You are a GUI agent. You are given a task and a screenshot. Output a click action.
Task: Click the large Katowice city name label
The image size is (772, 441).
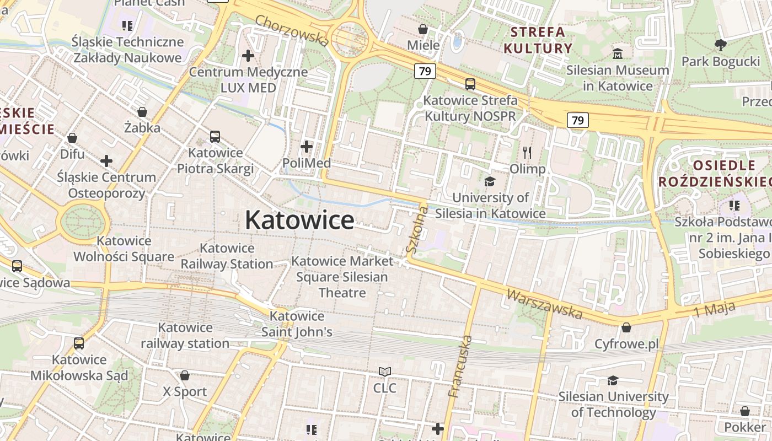point(299,220)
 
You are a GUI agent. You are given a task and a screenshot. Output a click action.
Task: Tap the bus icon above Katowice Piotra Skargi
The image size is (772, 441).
point(215,136)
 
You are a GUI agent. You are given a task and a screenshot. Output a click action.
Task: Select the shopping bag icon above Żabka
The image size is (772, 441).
point(142,112)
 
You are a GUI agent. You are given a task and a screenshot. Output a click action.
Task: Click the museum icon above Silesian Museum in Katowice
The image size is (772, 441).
point(618,54)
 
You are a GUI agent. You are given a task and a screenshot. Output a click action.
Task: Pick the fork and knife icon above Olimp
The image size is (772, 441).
point(527,153)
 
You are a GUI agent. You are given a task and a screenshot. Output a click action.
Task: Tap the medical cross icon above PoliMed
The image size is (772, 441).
point(307,147)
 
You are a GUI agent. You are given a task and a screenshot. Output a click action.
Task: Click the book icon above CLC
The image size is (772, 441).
point(385,372)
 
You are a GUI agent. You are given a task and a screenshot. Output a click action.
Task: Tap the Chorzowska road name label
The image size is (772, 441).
point(292,30)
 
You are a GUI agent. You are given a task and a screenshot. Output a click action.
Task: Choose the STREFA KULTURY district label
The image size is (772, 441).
point(538,40)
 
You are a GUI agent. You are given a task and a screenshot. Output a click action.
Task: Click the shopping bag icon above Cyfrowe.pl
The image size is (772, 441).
point(626,327)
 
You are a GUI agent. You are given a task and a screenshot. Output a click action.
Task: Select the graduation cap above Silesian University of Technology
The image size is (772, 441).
point(613,380)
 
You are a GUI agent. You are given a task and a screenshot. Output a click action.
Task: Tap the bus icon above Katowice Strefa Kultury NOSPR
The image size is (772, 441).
point(470,84)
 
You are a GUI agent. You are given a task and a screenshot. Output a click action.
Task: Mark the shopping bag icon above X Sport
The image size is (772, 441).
point(185,375)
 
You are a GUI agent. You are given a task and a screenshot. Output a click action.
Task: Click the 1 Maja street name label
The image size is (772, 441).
point(715,309)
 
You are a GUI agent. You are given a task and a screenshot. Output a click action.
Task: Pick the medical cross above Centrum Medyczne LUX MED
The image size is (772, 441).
point(248,56)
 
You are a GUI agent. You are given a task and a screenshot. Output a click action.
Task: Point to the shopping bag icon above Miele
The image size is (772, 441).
point(423,29)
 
